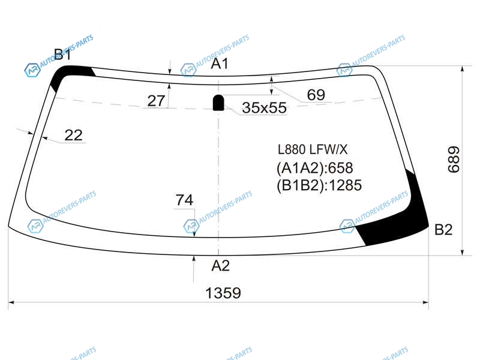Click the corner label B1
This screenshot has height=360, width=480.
(62, 55)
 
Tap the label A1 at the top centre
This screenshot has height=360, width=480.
(220, 64)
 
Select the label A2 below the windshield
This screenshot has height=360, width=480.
(220, 266)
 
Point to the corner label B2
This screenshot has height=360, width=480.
(443, 230)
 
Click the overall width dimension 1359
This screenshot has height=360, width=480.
(223, 293)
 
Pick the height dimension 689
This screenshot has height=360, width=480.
(454, 160)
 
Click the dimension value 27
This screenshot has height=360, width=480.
(156, 101)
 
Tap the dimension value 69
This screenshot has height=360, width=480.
(316, 95)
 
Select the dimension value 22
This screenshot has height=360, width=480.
(73, 135)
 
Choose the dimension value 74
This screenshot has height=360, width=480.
(184, 200)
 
